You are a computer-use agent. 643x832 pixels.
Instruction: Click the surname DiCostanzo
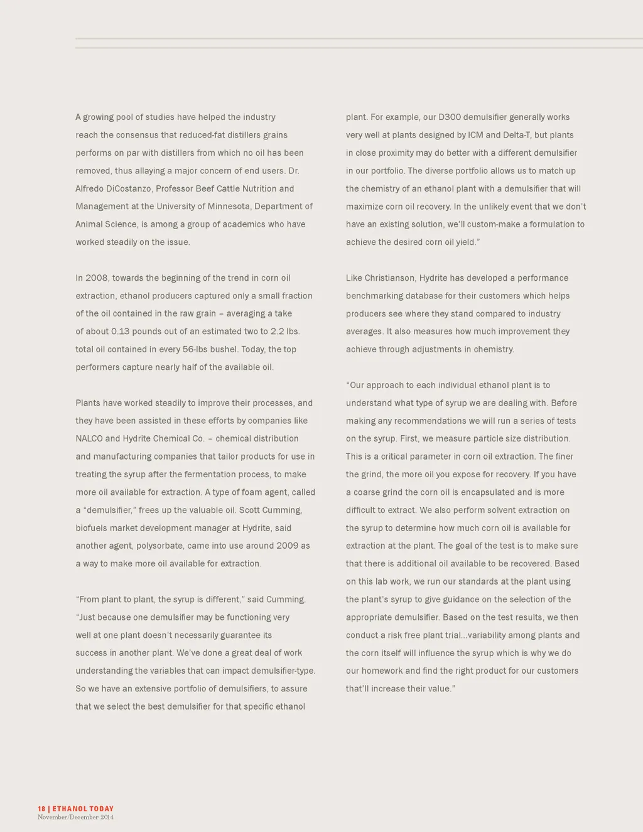(127, 188)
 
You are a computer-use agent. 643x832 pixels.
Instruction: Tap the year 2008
(97, 278)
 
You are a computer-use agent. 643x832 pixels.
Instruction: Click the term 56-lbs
(198, 349)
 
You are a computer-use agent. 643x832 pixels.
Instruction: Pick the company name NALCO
(89, 438)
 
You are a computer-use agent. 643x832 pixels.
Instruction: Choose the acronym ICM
(475, 135)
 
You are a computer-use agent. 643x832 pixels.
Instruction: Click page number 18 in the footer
(41, 809)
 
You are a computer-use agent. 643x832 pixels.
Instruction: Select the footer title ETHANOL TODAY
(83, 809)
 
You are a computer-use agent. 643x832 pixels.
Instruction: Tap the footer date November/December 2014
(75, 817)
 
